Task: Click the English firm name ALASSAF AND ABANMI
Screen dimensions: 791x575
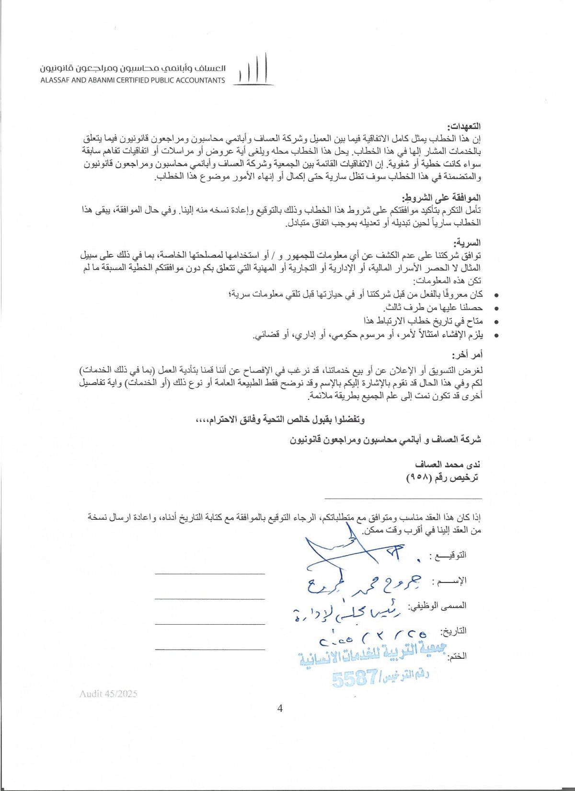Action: [x=133, y=81]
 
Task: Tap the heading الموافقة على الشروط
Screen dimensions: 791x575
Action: [x=441, y=198]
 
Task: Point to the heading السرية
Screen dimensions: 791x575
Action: [x=470, y=243]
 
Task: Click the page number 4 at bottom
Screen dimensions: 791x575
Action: [x=280, y=708]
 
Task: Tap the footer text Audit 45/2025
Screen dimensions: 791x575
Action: [x=109, y=693]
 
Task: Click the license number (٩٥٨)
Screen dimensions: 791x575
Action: [x=419, y=478]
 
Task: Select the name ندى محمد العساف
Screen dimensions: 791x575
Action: [x=448, y=464]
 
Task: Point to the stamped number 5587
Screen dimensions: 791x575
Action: [x=355, y=678]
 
